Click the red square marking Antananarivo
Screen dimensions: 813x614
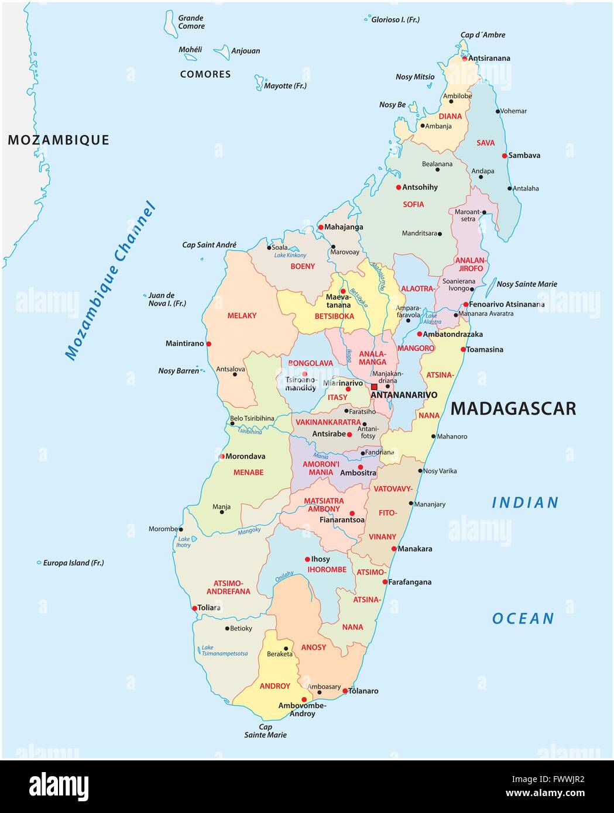tap(374, 387)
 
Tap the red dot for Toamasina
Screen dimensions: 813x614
tap(463, 350)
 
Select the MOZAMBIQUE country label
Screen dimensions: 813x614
tap(59, 140)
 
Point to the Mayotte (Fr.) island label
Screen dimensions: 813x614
tap(285, 86)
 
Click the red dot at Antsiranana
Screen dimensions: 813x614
tap(465, 58)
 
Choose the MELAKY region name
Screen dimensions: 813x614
tap(242, 316)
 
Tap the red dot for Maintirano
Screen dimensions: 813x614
tap(208, 344)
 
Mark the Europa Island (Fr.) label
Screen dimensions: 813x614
tap(73, 563)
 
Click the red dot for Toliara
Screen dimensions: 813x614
tap(194, 608)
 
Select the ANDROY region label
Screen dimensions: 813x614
tap(275, 686)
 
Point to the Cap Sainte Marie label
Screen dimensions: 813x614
tap(265, 731)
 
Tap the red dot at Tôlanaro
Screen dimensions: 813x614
tap(345, 691)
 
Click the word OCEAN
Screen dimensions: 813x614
tap(523, 618)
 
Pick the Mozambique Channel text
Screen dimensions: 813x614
tap(111, 281)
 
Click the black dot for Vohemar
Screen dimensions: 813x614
tap(498, 111)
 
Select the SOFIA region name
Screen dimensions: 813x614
tap(413, 205)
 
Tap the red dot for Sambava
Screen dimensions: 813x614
tap(505, 156)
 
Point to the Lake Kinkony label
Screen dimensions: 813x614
tap(290, 256)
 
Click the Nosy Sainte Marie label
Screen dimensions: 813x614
tap(527, 284)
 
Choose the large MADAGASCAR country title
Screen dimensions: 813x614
tap(513, 408)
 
